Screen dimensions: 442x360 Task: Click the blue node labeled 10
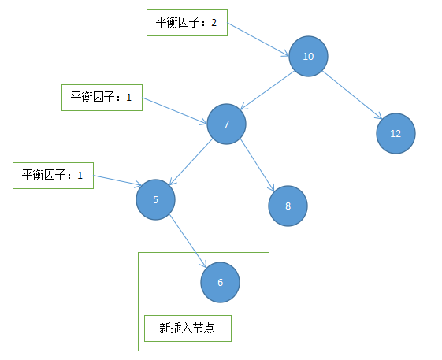click(308, 56)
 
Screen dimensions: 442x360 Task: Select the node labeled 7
click(226, 124)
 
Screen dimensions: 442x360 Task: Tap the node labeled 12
click(396, 133)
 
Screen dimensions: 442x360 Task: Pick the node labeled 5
click(155, 199)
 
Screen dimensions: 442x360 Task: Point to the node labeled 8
click(288, 206)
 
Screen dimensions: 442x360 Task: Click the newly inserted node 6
click(220, 282)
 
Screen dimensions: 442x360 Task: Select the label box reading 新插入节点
click(188, 328)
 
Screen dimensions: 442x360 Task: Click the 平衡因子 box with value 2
click(187, 23)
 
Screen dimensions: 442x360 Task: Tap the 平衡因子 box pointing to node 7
click(102, 98)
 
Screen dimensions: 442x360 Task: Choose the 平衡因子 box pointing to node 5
click(53, 176)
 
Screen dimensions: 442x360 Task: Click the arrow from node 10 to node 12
click(352, 95)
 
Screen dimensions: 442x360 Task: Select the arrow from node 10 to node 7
click(267, 91)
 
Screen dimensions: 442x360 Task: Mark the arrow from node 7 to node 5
click(191, 162)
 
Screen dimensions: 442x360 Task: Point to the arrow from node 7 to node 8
click(258, 165)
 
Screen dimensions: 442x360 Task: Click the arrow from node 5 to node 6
click(188, 241)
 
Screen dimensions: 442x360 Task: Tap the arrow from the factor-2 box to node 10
click(258, 39)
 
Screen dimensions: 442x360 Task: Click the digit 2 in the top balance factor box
click(214, 23)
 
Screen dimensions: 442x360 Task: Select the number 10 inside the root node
click(308, 57)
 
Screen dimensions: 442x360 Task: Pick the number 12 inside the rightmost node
click(396, 134)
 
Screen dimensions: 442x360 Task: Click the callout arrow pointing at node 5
click(117, 180)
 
